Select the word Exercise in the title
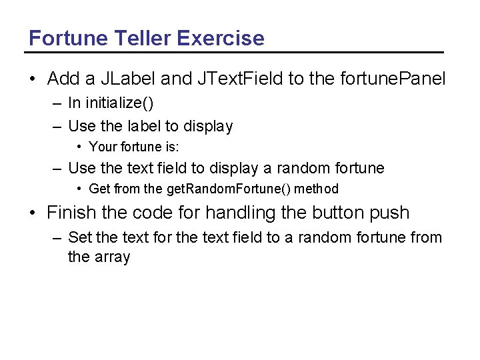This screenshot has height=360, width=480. (220, 38)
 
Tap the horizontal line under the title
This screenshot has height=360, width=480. (236, 52)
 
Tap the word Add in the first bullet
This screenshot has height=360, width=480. (63, 79)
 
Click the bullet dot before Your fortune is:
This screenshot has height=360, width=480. (79, 147)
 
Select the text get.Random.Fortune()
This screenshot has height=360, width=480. (228, 189)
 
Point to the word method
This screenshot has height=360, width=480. (316, 189)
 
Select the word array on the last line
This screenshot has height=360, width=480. (113, 257)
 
